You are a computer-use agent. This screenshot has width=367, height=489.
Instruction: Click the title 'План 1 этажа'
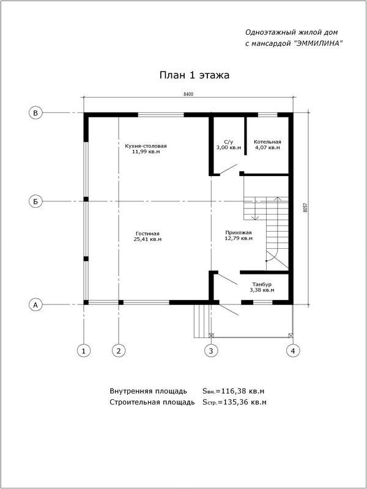tap(194, 75)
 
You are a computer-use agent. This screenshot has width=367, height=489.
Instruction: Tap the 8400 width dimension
tap(188, 94)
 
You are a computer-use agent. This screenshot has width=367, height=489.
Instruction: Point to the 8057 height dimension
tap(305, 207)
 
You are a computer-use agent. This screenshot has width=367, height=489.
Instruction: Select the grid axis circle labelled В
tap(36, 113)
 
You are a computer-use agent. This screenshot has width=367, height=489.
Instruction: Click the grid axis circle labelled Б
tap(36, 200)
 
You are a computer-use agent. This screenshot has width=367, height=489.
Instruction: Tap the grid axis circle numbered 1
tap(84, 350)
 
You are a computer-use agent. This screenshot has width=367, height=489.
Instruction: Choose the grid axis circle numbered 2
tap(119, 350)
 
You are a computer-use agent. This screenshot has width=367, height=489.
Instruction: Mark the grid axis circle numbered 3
tap(210, 350)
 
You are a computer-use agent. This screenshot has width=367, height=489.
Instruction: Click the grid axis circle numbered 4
tap(293, 350)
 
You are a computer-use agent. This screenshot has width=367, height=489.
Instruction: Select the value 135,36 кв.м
tap(244, 402)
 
